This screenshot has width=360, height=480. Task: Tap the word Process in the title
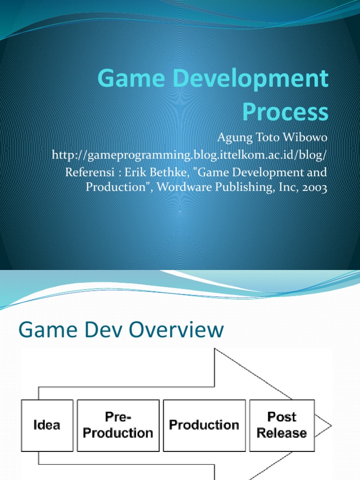coord(285,112)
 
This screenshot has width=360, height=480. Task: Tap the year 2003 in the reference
coord(313,188)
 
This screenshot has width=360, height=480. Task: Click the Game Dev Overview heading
coord(121,330)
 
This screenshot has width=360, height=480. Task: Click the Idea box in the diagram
coord(47,425)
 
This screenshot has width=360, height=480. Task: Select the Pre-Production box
coord(118,425)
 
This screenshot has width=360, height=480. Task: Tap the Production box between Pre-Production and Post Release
coord(204,425)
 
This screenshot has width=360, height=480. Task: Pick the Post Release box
coord(282,425)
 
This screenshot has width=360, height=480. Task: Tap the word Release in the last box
coord(282,433)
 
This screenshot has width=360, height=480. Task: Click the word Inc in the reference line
coord(284,188)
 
